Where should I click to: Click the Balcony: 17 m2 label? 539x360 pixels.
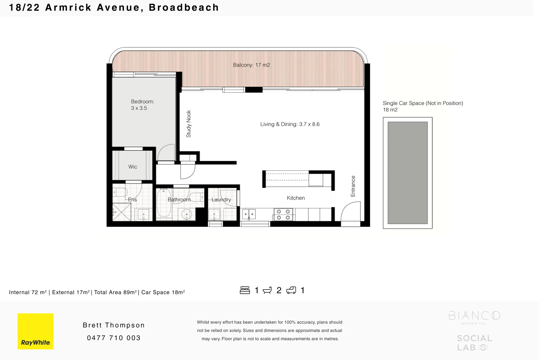(x=251, y=65)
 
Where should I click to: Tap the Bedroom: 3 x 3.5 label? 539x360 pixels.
(x=142, y=105)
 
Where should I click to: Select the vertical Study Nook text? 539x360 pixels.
(x=189, y=124)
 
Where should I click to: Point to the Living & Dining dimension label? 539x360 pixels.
(x=290, y=124)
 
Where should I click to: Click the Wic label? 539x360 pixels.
(x=133, y=167)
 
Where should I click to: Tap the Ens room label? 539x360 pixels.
(x=132, y=200)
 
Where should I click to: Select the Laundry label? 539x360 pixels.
(x=221, y=200)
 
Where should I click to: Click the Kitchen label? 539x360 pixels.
(x=295, y=198)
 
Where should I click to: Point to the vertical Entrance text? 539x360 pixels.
(x=353, y=186)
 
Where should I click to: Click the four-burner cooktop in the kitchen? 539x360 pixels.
(x=283, y=214)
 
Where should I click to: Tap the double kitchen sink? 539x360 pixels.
(x=249, y=214)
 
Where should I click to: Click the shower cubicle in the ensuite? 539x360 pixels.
(x=121, y=212)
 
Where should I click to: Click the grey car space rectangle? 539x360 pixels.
(x=408, y=173)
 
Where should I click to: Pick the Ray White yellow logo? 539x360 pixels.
(x=36, y=331)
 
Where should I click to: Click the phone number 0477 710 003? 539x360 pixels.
(x=114, y=338)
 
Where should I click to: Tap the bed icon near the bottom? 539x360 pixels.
(x=245, y=290)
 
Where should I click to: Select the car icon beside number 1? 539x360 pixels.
(x=291, y=290)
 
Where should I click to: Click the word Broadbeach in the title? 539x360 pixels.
(x=184, y=7)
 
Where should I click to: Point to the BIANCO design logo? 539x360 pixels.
(x=474, y=317)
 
